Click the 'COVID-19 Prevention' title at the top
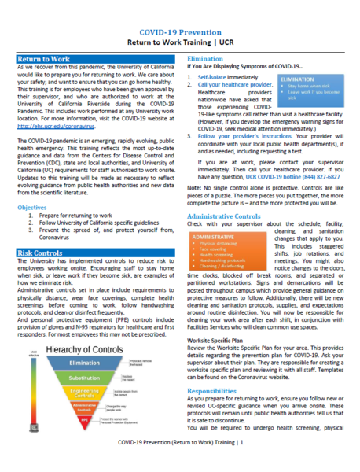(180, 12)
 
